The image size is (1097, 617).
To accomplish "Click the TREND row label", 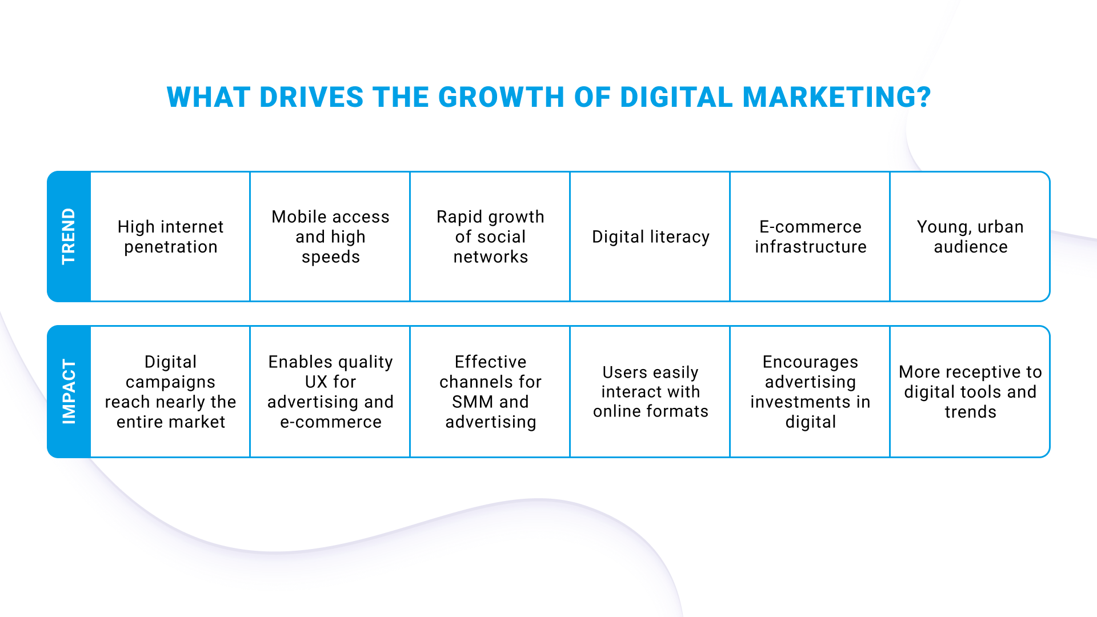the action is click(69, 237).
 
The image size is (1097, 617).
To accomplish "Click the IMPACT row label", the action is click(69, 392).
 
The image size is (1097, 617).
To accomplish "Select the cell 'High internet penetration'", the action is click(170, 237).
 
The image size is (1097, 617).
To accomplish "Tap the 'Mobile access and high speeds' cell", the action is click(330, 237).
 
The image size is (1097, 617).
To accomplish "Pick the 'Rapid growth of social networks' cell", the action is click(490, 237).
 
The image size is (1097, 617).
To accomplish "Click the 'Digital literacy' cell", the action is click(650, 237).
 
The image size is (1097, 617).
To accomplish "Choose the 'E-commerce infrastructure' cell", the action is click(810, 237).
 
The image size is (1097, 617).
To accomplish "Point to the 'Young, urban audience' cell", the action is click(970, 237).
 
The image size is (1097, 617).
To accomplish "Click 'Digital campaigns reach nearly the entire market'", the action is click(170, 392).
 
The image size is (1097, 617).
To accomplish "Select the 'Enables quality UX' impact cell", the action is click(330, 392).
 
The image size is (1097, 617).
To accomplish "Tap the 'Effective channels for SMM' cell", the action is click(490, 392).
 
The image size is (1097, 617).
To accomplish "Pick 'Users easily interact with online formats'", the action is click(650, 392).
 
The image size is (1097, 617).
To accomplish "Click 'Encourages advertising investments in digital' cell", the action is click(810, 392).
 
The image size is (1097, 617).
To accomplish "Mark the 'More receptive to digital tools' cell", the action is click(970, 392).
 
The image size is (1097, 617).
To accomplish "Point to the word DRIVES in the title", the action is click(311, 97).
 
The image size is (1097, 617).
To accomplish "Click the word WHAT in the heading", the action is click(209, 97).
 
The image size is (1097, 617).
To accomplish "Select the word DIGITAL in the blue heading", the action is click(676, 97).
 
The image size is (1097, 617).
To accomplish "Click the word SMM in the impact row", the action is click(473, 402).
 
